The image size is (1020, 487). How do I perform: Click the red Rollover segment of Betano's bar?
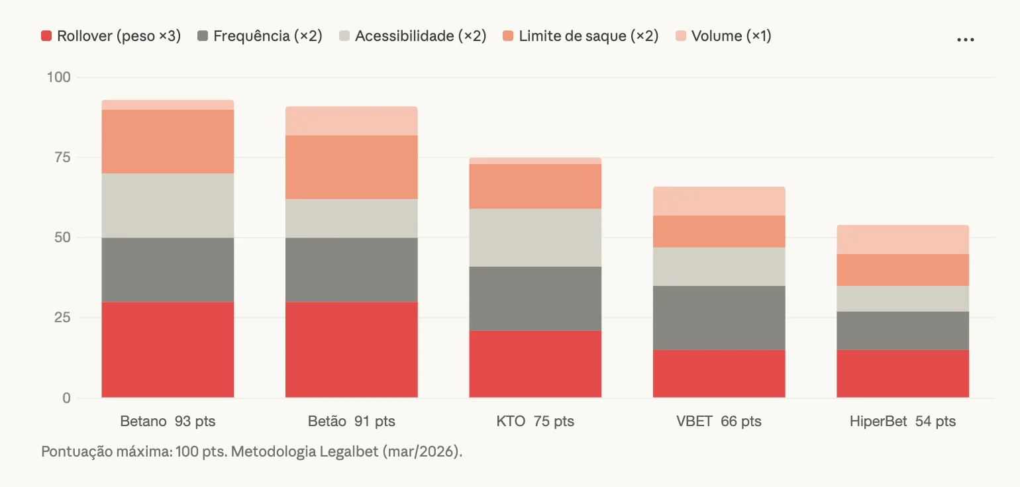click(168, 349)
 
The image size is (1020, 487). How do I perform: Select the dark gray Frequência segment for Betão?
click(351, 269)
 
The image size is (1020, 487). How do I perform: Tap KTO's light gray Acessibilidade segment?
click(535, 238)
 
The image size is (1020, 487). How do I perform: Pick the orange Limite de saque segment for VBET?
click(719, 232)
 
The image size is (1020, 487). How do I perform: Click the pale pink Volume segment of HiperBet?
click(903, 240)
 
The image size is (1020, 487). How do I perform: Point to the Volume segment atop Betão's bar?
click(351, 121)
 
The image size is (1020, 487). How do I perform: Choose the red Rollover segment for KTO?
click(535, 364)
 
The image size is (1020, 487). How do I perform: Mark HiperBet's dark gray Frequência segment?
click(903, 330)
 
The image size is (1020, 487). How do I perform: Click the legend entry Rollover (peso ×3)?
click(111, 36)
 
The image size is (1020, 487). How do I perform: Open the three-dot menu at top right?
click(965, 40)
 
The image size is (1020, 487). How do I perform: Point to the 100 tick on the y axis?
click(58, 77)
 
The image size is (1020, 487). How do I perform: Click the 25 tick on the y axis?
click(62, 318)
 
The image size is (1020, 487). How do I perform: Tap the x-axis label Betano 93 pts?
click(168, 421)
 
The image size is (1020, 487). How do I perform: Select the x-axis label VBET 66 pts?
click(719, 421)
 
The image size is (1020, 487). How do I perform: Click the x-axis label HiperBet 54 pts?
click(903, 421)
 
